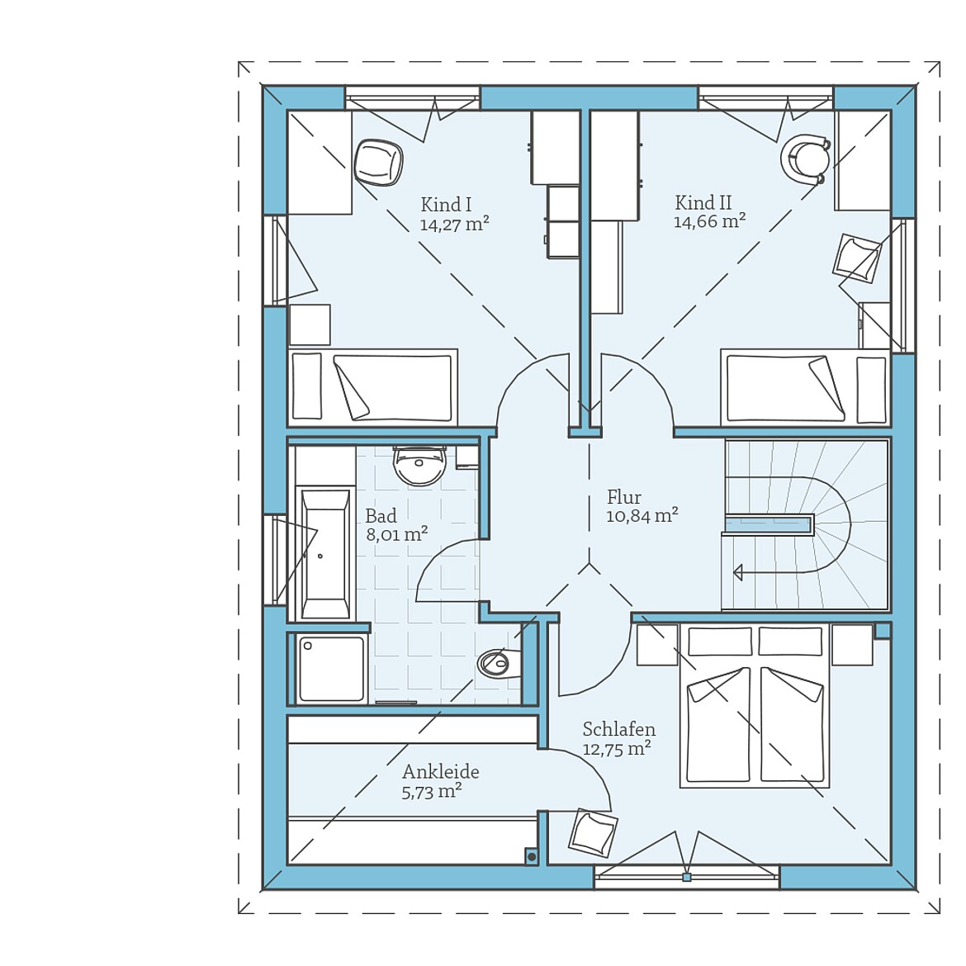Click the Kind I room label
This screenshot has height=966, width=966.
pyautogui.click(x=446, y=204)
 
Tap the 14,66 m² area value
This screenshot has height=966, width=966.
pyautogui.click(x=710, y=221)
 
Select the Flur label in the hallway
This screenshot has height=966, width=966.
pyautogui.click(x=624, y=496)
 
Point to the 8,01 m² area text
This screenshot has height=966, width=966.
pyautogui.click(x=397, y=533)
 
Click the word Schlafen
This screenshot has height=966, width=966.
pyautogui.click(x=619, y=729)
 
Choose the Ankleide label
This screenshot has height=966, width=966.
pyautogui.click(x=441, y=771)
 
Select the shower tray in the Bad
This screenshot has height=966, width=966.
pyautogui.click(x=331, y=669)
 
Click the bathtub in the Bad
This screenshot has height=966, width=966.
pyautogui.click(x=324, y=552)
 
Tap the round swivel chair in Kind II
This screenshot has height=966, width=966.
pyautogui.click(x=805, y=159)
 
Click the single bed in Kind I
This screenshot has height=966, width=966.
pyautogui.click(x=372, y=387)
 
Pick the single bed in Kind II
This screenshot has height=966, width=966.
pyautogui.click(x=805, y=387)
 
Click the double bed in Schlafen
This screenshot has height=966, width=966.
pyautogui.click(x=755, y=705)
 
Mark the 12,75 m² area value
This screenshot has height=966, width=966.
pyautogui.click(x=618, y=749)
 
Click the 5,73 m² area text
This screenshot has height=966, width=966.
pyautogui.click(x=432, y=792)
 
